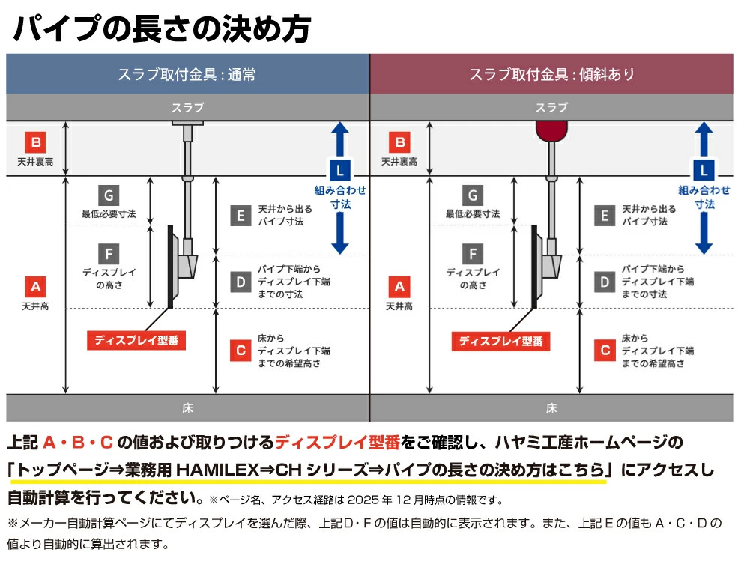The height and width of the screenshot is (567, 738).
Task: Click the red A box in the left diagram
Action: click(x=35, y=285)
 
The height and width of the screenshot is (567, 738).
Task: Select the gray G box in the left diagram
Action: click(x=109, y=195)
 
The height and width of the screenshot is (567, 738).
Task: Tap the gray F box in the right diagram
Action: click(x=473, y=253)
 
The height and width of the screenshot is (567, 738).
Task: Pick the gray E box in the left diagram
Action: click(x=240, y=216)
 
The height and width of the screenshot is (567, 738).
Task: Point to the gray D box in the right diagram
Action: click(x=604, y=282)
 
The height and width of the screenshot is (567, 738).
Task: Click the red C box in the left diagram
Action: click(x=240, y=350)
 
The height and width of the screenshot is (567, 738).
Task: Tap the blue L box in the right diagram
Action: click(x=704, y=169)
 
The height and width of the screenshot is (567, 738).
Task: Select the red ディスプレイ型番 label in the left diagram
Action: click(x=136, y=341)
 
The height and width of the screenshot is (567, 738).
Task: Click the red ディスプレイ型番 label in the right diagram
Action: click(x=500, y=341)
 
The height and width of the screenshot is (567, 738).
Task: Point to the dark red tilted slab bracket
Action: click(x=551, y=130)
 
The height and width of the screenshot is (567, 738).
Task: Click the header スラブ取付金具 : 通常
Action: click(x=187, y=74)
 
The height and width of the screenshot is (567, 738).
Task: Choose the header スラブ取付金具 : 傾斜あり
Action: click(x=551, y=74)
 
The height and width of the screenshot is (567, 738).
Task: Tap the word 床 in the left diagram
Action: click(x=187, y=408)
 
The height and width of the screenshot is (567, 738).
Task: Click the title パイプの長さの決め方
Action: click(x=161, y=30)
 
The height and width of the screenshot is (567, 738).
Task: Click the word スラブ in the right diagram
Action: click(x=551, y=108)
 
